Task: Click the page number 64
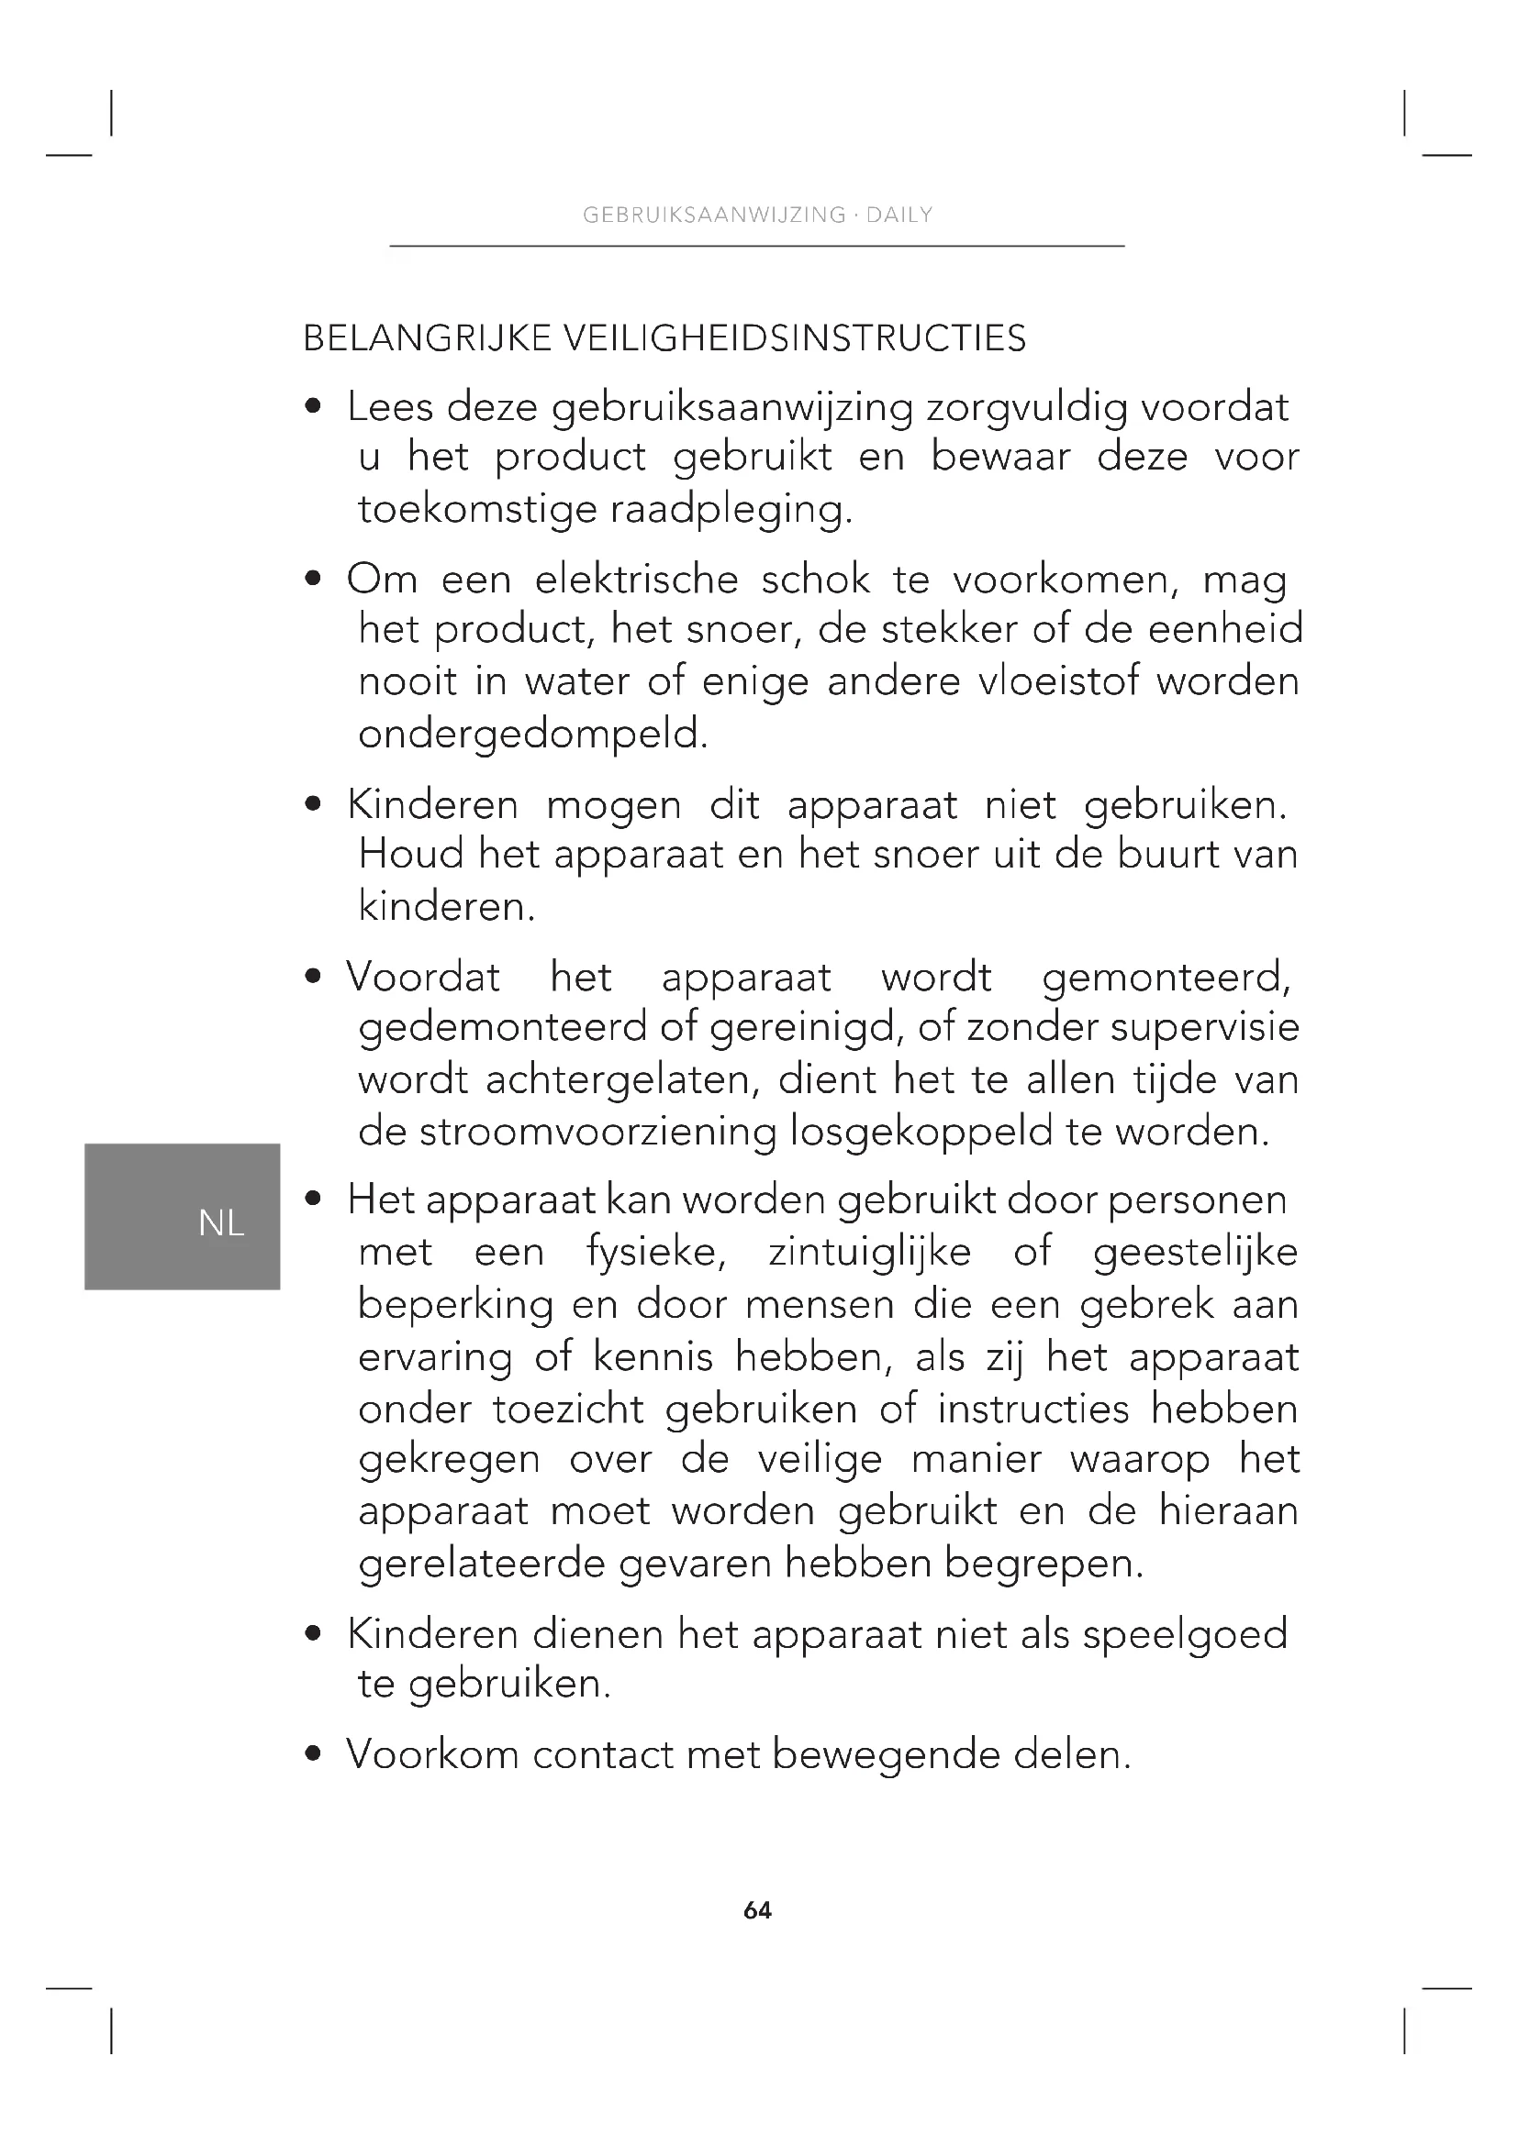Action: [x=757, y=1910]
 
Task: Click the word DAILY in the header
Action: [x=899, y=215]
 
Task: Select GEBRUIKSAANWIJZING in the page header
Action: [x=714, y=215]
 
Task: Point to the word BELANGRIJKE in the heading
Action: [x=428, y=338]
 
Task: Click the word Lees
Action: [x=390, y=407]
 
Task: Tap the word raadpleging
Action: [x=731, y=510]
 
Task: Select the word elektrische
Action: [x=637, y=580]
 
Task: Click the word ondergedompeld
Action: [x=533, y=735]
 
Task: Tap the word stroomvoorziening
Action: [x=597, y=1133]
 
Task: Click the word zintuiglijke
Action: [x=869, y=1253]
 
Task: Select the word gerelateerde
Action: [x=483, y=1564]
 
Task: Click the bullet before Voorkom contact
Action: [x=314, y=1754]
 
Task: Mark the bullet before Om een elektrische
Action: [x=314, y=580]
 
